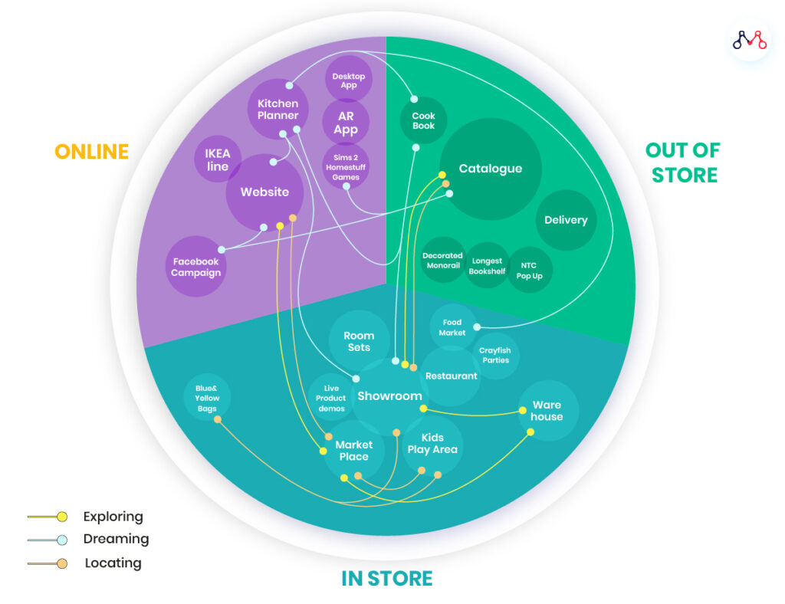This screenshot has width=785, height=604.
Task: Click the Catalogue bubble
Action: tap(491, 169)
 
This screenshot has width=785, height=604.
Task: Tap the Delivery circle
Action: tap(566, 220)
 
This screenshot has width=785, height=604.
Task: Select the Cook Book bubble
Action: tap(423, 121)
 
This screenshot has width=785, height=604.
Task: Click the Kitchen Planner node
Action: tap(278, 110)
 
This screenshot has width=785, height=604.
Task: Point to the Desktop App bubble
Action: tap(349, 80)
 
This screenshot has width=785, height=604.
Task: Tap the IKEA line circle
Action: tap(217, 159)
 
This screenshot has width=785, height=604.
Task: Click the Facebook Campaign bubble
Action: tap(196, 267)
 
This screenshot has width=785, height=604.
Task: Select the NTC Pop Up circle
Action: tap(529, 270)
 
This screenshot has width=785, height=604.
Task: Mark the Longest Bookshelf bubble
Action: tap(487, 266)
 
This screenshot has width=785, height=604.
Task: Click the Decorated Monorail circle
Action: tap(442, 261)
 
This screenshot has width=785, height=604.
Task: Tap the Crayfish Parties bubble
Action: tap(495, 356)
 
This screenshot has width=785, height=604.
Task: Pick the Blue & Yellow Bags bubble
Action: tap(207, 398)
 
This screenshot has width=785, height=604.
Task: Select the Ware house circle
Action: tap(547, 411)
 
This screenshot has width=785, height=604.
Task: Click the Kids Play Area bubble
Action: tap(432, 444)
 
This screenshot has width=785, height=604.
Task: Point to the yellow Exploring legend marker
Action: tap(61, 517)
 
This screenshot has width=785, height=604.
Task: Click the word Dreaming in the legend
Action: tap(117, 539)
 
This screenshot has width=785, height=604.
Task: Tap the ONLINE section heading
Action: tap(91, 151)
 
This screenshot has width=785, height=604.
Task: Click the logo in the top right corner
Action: tap(749, 40)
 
